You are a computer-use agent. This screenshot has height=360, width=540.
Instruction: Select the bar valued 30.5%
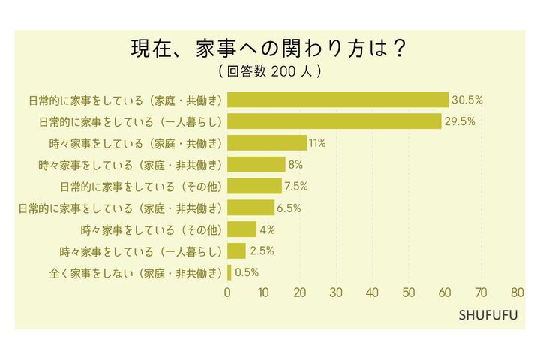(x=337, y=100)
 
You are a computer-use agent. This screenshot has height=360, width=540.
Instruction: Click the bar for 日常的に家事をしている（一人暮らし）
(x=334, y=121)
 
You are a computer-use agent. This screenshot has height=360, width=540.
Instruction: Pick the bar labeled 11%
(x=267, y=143)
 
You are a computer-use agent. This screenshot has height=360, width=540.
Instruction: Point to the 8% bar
(x=256, y=165)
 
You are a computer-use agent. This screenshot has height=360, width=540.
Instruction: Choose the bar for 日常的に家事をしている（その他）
(x=254, y=186)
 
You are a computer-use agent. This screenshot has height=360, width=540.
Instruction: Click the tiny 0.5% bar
(x=229, y=272)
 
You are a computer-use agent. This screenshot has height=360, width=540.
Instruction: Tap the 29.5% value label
(x=460, y=121)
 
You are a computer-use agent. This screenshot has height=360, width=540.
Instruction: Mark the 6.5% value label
(x=289, y=208)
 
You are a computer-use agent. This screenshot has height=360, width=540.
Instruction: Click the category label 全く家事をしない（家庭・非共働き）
(x=124, y=272)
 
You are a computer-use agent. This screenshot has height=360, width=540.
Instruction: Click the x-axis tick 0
(x=228, y=292)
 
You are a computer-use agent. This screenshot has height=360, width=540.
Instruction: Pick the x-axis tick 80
(x=517, y=292)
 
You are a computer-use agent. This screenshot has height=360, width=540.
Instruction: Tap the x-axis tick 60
(x=445, y=292)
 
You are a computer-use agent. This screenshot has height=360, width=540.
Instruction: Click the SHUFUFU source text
(x=487, y=313)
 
